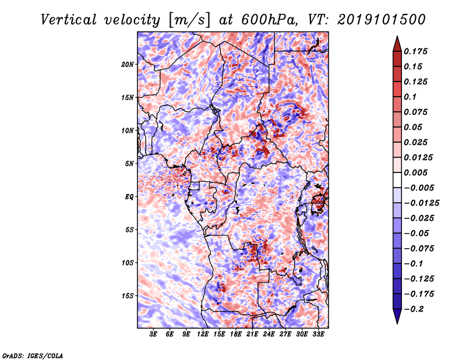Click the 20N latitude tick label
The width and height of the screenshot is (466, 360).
128,65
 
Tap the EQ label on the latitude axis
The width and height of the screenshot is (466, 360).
129,197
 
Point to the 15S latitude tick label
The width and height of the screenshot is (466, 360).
128,296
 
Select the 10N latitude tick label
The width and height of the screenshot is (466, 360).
128,130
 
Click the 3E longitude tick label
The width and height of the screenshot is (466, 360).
153,334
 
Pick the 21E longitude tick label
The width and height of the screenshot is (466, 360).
252,334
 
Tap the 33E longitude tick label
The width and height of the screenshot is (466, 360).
318,334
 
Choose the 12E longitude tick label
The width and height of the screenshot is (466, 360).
203,334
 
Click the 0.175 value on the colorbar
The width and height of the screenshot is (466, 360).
415,51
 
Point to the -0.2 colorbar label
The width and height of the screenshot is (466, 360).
414,309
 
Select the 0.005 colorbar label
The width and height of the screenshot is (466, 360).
415,172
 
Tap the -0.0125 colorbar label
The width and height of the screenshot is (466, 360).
421,203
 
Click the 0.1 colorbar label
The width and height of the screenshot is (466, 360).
410,97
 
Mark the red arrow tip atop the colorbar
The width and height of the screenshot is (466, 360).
397,37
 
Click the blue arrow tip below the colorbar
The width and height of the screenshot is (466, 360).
397,323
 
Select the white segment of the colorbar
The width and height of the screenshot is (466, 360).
397,180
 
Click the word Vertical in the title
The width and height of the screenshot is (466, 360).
69,20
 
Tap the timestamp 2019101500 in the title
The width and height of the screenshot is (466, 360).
382,20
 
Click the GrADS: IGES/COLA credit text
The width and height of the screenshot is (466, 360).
33,355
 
